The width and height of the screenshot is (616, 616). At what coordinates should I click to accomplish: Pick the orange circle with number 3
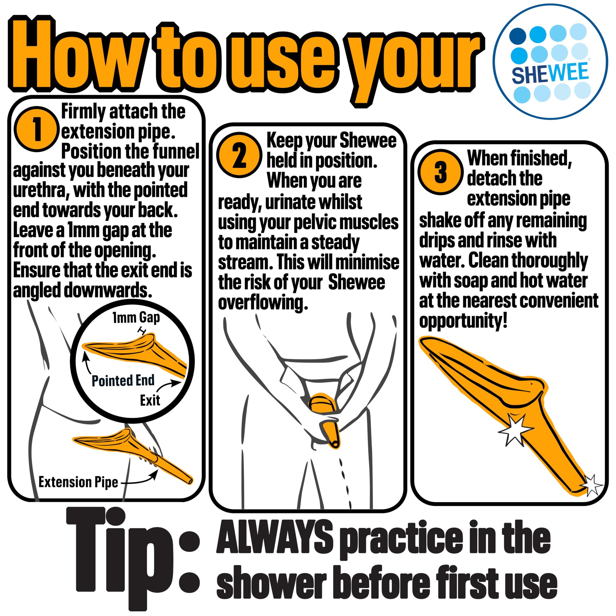(x=440, y=172)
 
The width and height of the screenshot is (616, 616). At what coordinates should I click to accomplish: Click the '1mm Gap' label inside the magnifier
(x=136, y=318)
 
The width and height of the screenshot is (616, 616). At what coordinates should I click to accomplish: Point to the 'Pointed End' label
(x=123, y=381)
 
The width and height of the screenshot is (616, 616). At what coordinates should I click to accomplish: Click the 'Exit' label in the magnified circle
(x=150, y=400)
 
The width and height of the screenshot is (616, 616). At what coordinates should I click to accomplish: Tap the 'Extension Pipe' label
(x=78, y=482)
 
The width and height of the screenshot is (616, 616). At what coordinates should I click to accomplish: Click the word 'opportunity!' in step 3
(x=463, y=321)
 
